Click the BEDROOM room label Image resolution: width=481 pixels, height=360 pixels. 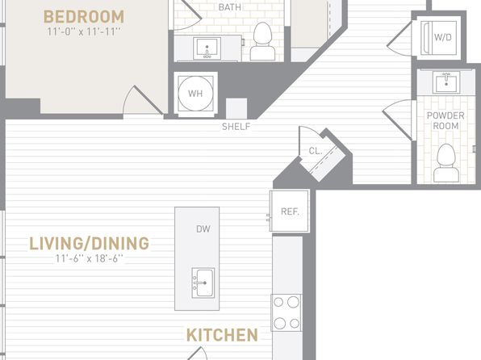pos(84,17)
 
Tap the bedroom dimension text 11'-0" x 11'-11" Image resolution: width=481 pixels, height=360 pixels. pos(84,31)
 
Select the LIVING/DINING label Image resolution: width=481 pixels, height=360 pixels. pos(89,244)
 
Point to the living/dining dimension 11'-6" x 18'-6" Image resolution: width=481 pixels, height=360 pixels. pos(89,258)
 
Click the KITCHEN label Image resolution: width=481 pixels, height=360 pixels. pos(222,335)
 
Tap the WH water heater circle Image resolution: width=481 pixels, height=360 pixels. pos(196,94)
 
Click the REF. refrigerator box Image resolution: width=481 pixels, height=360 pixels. pos(290,211)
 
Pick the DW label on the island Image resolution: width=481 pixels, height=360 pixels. pos(203,228)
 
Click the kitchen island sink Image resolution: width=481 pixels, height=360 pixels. pos(203,283)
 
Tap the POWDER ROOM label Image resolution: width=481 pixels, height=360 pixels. pos(445,120)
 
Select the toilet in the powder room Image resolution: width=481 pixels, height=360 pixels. pos(446,163)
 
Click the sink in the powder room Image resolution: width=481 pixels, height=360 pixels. pos(446,82)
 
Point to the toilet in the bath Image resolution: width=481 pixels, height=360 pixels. pos(262,41)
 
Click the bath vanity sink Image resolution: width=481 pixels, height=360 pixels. pos(207,48)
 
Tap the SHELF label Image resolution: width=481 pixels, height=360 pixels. pos(236,127)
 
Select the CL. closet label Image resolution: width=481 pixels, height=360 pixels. pos(316,151)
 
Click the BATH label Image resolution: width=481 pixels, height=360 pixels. pos(229,7)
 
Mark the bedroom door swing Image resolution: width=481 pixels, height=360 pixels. pos(143,100)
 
